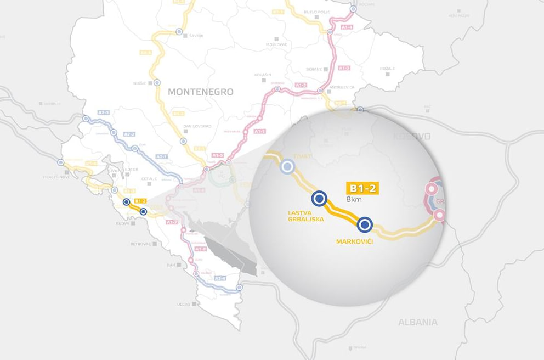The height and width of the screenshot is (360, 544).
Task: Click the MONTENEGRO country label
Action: [201, 92]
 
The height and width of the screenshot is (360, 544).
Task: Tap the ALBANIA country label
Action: [418, 322]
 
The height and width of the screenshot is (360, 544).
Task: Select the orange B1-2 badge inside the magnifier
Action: [362, 188]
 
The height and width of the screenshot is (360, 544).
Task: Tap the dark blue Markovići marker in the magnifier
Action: [365, 224]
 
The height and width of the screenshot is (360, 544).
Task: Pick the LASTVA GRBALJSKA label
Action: [306, 215]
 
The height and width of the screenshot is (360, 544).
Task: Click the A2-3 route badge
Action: [104, 113]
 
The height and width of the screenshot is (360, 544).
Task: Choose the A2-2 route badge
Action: [129, 134]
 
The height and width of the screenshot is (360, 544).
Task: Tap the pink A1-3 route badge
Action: [344, 68]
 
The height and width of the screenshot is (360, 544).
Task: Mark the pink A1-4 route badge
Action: [346, 26]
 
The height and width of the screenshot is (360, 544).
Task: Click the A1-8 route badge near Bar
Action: [201, 249]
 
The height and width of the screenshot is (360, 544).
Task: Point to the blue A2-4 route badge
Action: [220, 278]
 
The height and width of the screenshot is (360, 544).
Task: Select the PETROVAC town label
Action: [140, 243]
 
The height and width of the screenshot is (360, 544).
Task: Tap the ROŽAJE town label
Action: [387, 69]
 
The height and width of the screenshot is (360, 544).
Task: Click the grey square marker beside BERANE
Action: [326, 70]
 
